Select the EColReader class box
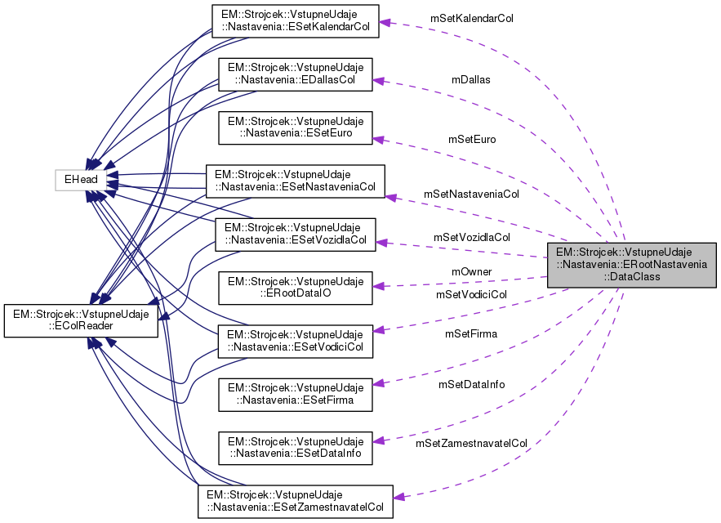(81, 320)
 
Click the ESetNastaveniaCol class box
(295, 182)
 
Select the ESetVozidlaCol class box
(295, 235)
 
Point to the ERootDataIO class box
(295, 288)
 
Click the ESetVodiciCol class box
(295, 341)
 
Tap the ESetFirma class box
(295, 393)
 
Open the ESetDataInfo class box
(295, 446)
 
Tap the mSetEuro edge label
(472, 139)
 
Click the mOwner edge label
(472, 271)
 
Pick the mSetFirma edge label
(471, 333)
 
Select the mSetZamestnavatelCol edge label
(471, 443)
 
